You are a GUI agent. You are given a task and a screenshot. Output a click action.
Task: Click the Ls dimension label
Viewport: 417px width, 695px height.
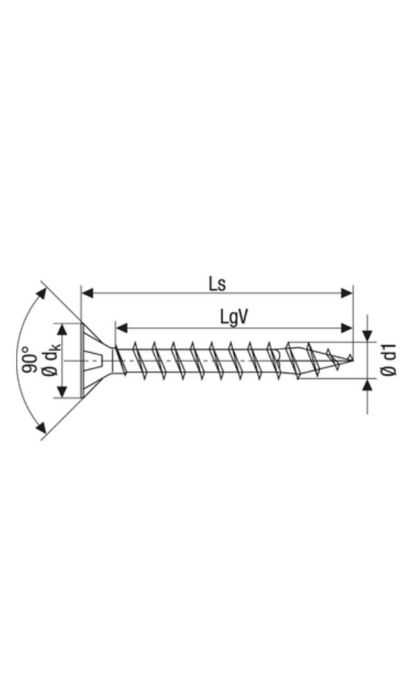coord(218,283)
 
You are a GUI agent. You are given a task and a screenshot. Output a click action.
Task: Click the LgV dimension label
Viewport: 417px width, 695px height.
coord(234,317)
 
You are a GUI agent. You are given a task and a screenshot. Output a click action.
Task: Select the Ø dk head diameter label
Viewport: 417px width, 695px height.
coord(51,361)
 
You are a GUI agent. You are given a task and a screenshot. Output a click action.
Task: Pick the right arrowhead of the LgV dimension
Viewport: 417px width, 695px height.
coord(347,327)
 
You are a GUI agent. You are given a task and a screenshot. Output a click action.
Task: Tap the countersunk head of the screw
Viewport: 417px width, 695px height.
coord(90,361)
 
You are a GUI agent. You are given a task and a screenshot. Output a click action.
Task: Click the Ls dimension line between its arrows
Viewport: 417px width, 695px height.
coord(174,294)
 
